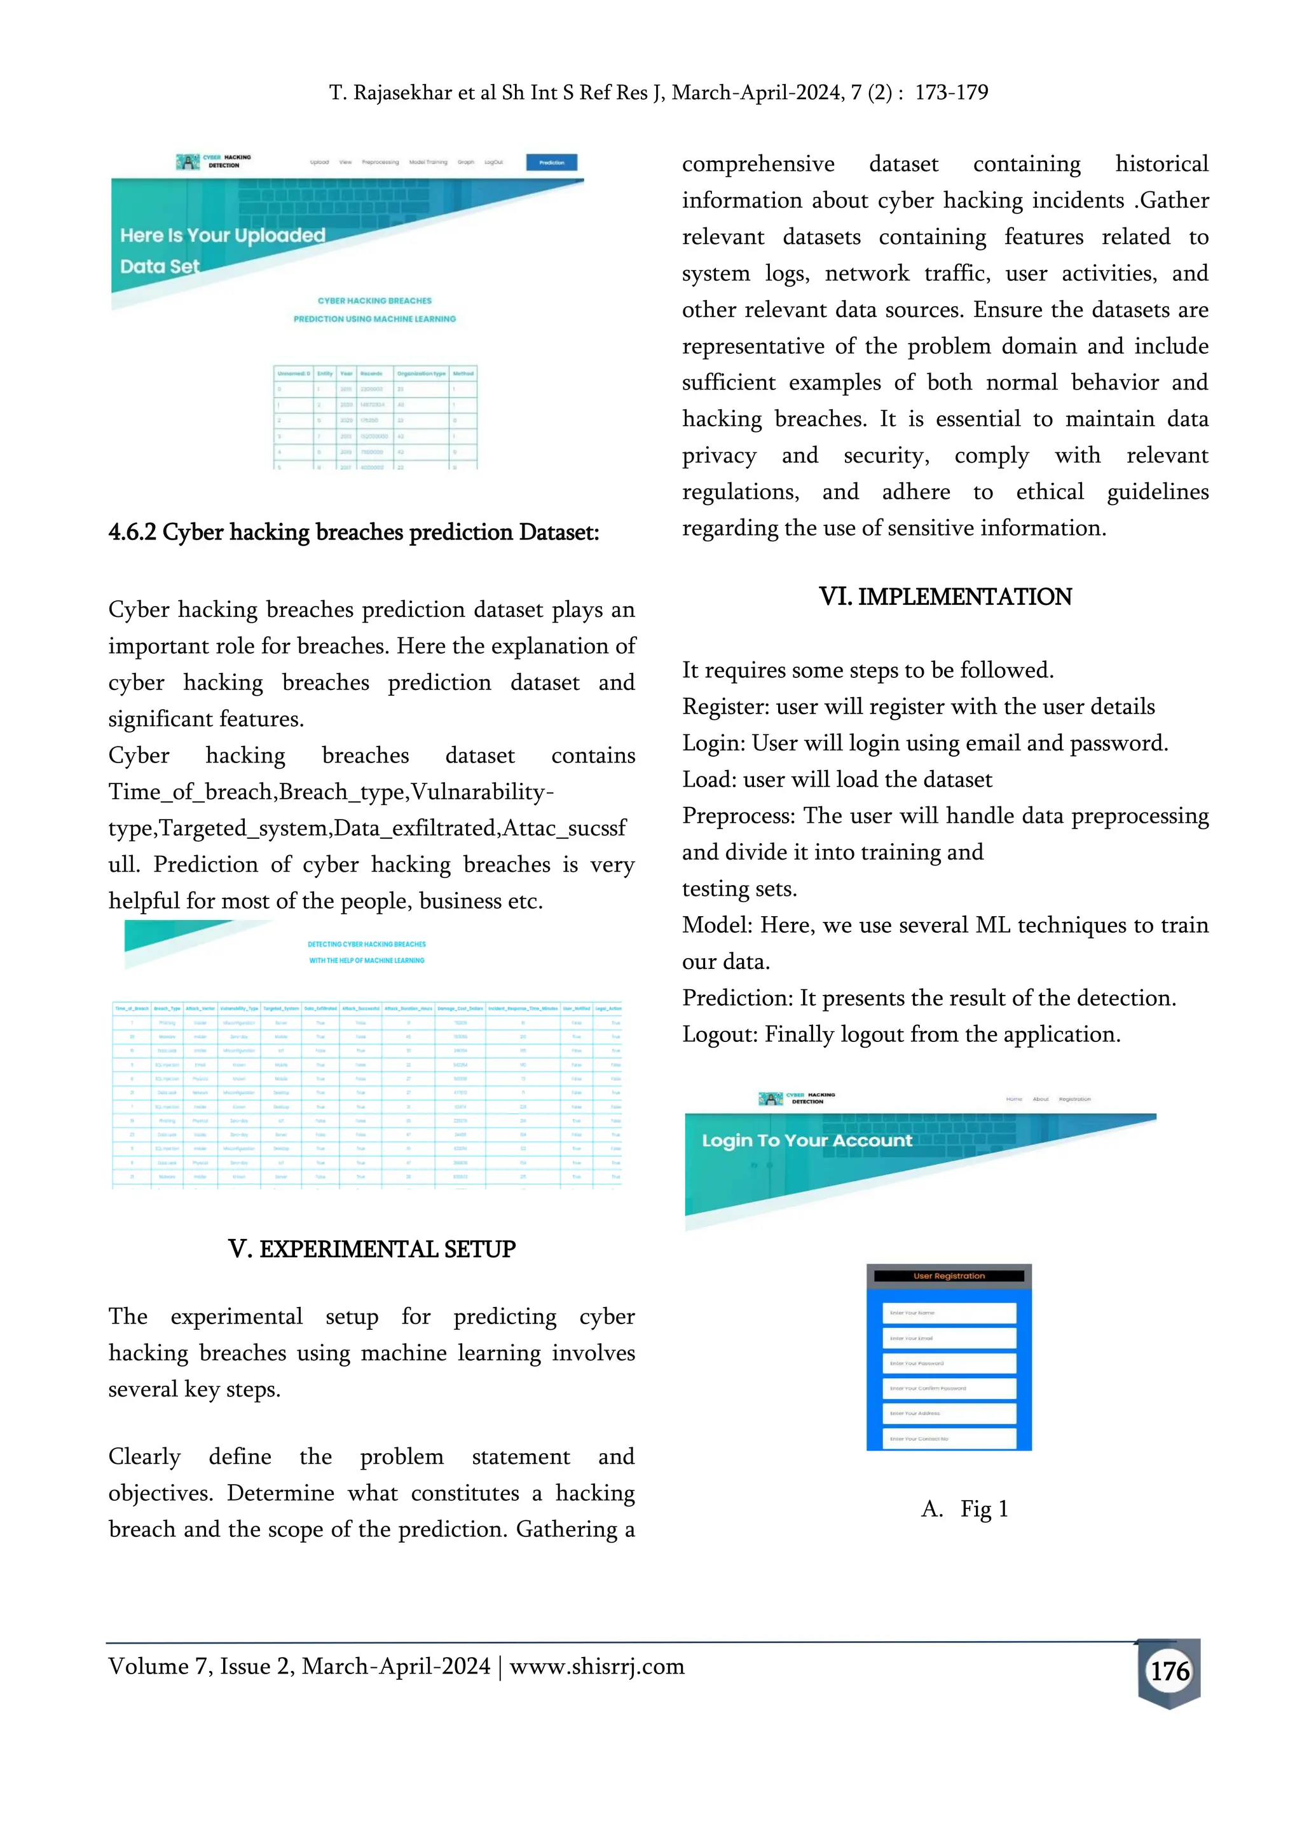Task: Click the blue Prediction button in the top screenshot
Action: click(552, 163)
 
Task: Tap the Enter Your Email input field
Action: click(949, 1337)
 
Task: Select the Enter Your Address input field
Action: click(949, 1413)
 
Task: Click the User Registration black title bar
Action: click(949, 1276)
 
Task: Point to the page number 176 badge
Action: click(1169, 1671)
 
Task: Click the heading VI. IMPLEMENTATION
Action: click(945, 597)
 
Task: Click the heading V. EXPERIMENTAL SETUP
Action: click(371, 1248)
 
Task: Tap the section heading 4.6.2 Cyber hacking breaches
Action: click(353, 532)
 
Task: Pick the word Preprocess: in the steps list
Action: click(738, 816)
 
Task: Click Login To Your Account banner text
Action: click(807, 1140)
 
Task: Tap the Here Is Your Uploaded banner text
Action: click(222, 236)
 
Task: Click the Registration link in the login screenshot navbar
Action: click(1074, 1100)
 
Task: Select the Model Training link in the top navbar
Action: click(428, 163)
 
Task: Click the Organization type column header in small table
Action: click(421, 374)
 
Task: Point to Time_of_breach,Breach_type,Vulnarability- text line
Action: click(331, 792)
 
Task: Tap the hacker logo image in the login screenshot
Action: click(770, 1099)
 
